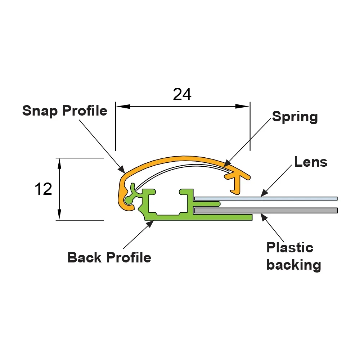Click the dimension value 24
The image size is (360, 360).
(182, 94)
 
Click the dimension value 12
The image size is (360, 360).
(44, 189)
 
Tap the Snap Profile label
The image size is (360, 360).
(65, 111)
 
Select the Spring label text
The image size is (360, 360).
(295, 117)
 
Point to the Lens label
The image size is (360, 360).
(311, 162)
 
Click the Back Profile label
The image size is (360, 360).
(109, 257)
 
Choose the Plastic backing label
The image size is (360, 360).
(293, 256)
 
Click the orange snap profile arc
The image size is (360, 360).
(180, 159)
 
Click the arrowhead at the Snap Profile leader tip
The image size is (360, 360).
(122, 169)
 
